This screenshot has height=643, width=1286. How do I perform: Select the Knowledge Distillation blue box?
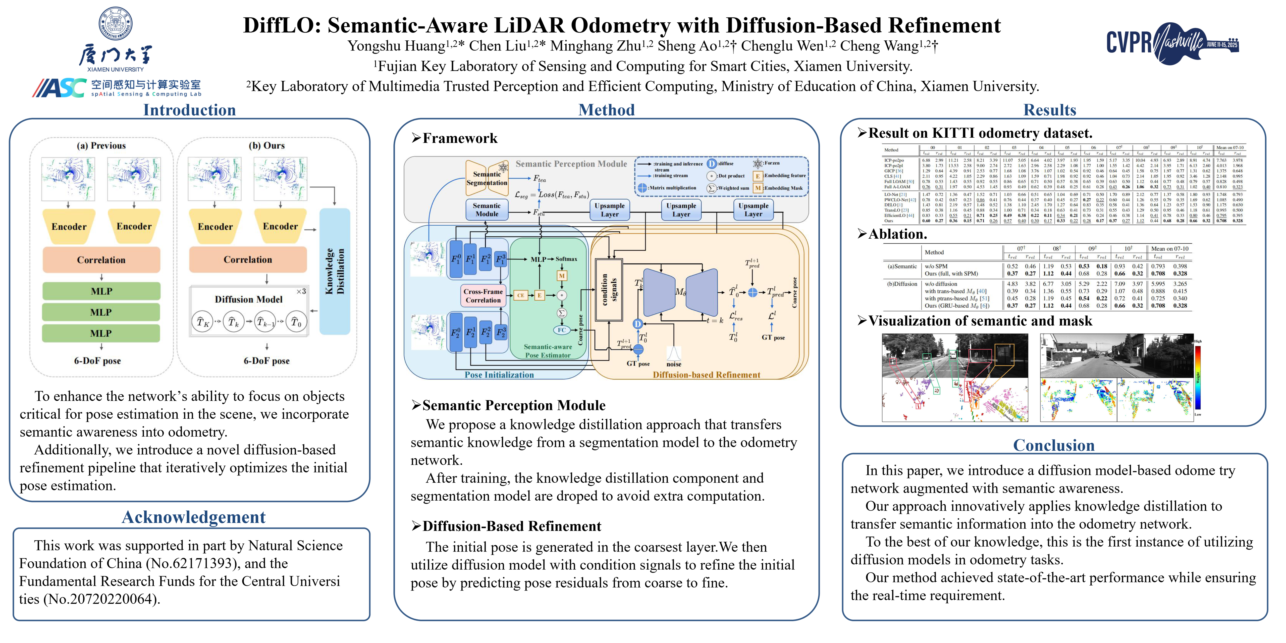335,271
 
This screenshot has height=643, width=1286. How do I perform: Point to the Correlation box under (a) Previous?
101,260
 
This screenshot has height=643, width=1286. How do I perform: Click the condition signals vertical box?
609,290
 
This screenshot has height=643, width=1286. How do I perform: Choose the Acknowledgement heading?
194,517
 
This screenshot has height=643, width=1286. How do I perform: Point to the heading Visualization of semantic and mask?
980,321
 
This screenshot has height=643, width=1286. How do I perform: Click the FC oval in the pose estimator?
562,330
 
